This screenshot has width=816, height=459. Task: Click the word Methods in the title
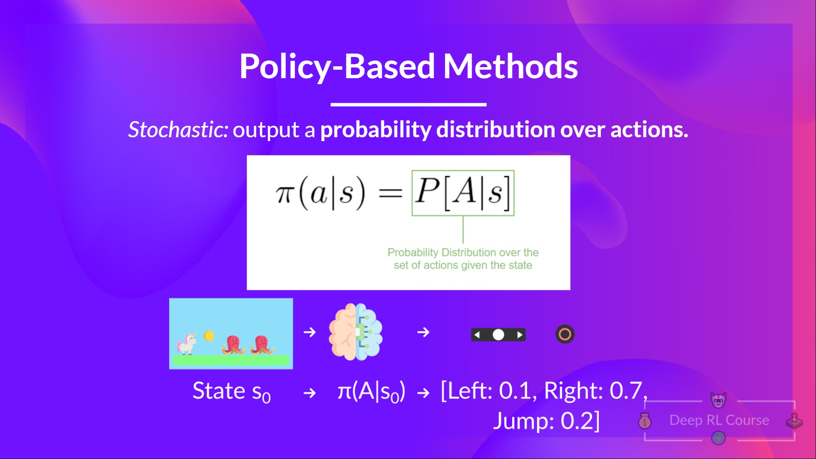coord(510,67)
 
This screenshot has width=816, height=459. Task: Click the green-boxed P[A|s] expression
coord(462,193)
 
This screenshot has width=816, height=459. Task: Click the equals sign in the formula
coord(390,194)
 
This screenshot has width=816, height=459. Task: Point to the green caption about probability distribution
coord(462,258)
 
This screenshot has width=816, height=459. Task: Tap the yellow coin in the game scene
coord(209,336)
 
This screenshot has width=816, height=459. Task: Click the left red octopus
coord(233,344)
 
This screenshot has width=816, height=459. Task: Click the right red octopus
coord(261,344)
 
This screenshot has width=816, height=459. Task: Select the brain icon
coord(355,332)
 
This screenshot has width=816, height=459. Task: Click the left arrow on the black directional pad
coord(477,335)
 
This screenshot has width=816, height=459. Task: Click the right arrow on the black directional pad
coord(519,335)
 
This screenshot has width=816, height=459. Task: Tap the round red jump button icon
coord(565,334)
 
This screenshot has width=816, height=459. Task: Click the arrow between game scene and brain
coord(310,332)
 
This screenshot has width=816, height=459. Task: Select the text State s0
coord(232,391)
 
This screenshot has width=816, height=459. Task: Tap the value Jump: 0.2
coord(546,421)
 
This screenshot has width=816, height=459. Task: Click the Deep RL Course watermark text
coord(719,420)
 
